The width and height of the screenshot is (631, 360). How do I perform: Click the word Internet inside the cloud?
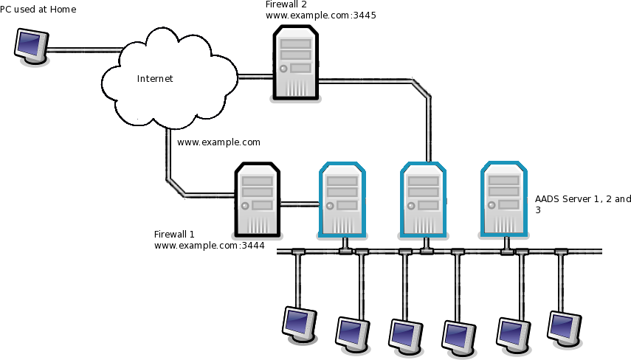point(155,79)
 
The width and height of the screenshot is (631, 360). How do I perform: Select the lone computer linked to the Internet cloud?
point(30,45)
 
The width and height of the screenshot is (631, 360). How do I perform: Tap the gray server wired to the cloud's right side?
point(296,63)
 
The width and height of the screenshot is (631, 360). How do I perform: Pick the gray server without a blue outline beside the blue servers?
point(258,200)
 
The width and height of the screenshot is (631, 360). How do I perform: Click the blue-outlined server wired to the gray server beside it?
point(342,200)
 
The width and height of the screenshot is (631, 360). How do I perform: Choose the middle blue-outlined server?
point(424,200)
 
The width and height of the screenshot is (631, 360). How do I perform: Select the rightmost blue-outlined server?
point(504,200)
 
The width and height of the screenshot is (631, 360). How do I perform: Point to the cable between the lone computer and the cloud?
point(83,50)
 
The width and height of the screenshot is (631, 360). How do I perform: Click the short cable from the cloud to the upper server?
point(255,76)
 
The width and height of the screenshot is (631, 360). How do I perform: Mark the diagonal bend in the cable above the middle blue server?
point(421,89)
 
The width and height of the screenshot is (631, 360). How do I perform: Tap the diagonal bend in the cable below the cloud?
point(176,187)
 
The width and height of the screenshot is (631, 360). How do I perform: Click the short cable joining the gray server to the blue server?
point(298,204)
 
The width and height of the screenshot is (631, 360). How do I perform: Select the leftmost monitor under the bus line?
point(299,323)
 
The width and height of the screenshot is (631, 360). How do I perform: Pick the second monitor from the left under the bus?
point(352,333)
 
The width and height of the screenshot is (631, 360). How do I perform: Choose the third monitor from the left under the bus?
point(405,334)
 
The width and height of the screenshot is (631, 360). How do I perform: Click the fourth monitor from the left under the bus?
point(458,336)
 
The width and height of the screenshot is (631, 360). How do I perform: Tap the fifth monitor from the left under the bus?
point(513,333)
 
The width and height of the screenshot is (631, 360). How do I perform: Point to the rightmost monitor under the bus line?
point(564,327)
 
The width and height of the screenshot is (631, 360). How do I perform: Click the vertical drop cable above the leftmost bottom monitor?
point(298,280)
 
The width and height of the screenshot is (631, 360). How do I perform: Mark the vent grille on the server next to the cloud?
point(296,87)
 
